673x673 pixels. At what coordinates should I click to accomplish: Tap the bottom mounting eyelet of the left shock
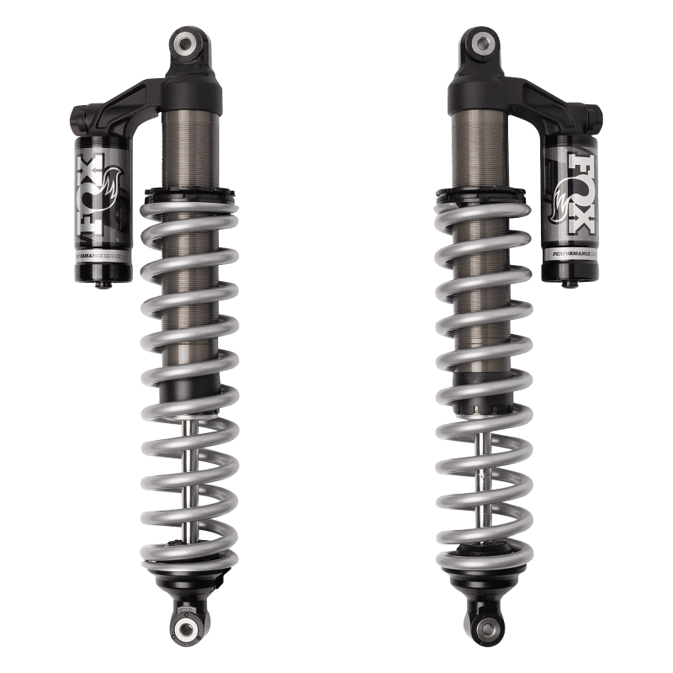[x=186, y=627]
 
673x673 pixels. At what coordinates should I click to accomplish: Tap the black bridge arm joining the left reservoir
[x=122, y=105]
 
